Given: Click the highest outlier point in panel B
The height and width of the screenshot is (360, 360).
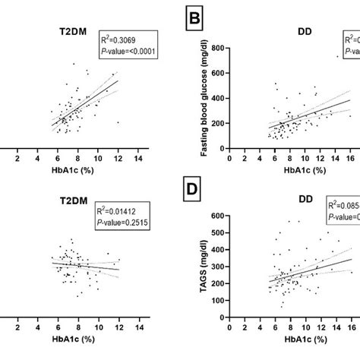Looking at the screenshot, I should pyautogui.click(x=336, y=56).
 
